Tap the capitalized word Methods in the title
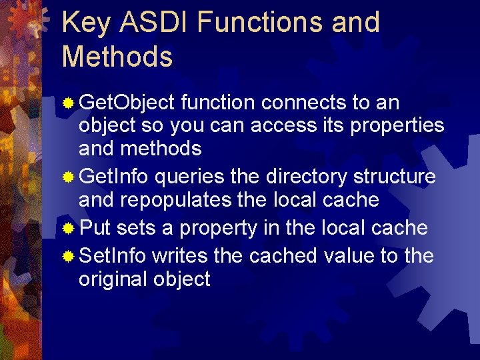pyautogui.click(x=117, y=57)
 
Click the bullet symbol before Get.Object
pyautogui.click(x=68, y=103)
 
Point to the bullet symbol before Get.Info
pyautogui.click(x=68, y=178)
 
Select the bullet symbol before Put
pyautogui.click(x=68, y=229)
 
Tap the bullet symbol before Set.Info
pyautogui.click(x=68, y=257)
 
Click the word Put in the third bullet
pyautogui.click(x=95, y=228)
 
